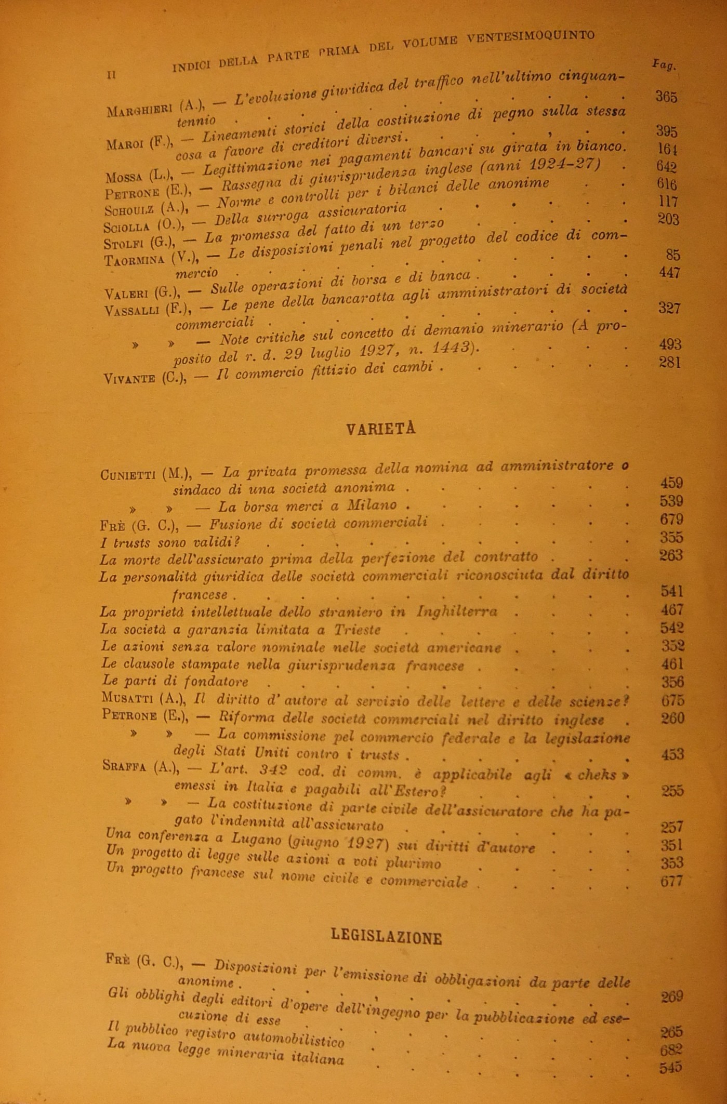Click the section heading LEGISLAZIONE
[386, 936]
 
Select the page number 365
[666, 97]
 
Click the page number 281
[669, 362]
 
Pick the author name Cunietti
[128, 474]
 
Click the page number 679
[671, 519]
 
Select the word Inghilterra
[457, 611]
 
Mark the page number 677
[671, 881]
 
